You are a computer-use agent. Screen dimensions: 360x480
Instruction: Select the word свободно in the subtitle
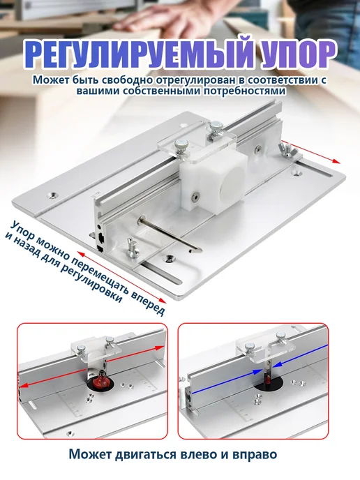tap(128, 80)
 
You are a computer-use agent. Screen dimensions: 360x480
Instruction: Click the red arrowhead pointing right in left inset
tap(159, 348)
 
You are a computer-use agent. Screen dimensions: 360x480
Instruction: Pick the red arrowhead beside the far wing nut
tap(336, 160)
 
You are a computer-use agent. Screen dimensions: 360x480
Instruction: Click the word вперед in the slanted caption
tap(147, 301)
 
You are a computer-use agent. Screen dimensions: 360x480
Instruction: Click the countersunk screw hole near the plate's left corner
tap(54, 195)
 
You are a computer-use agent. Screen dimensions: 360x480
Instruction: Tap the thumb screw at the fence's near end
tap(132, 248)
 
